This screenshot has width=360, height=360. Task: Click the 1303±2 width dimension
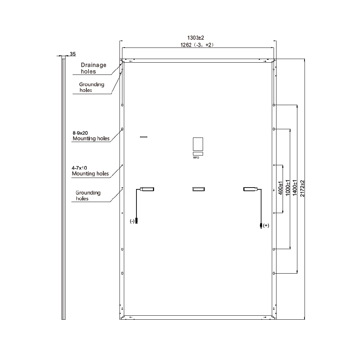click(x=195, y=38)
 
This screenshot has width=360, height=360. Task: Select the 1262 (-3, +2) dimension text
click(x=197, y=45)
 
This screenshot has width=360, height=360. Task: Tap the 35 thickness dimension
click(x=73, y=54)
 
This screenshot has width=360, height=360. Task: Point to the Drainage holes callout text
click(x=94, y=68)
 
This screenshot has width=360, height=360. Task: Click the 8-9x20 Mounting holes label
click(x=91, y=136)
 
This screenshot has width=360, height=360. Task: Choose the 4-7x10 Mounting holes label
click(x=90, y=171)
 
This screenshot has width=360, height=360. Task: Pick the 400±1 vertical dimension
click(x=280, y=188)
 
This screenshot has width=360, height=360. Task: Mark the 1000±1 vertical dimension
click(x=287, y=188)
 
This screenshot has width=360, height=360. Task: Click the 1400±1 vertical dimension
click(x=295, y=188)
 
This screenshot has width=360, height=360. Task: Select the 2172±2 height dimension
click(x=302, y=188)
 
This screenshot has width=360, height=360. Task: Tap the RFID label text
click(x=196, y=158)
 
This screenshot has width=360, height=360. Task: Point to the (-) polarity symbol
click(x=132, y=221)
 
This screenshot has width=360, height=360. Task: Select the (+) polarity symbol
click(x=266, y=225)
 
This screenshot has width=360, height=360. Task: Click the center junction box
click(x=199, y=189)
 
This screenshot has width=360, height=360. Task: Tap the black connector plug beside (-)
click(x=136, y=221)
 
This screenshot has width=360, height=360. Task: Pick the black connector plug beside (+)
click(x=261, y=226)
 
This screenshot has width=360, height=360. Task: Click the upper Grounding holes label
click(x=91, y=87)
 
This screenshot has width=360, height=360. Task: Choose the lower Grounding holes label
click(x=88, y=195)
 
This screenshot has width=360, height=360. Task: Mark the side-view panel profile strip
click(x=64, y=188)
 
